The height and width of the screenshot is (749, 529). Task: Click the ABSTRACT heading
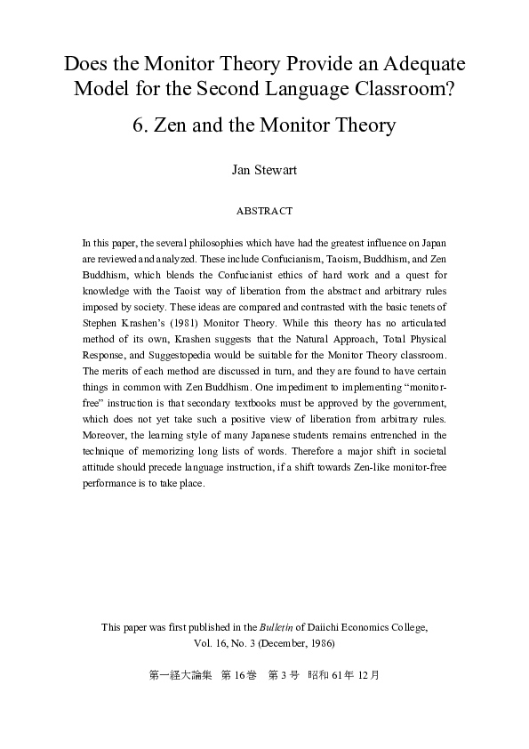[x=264, y=211]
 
